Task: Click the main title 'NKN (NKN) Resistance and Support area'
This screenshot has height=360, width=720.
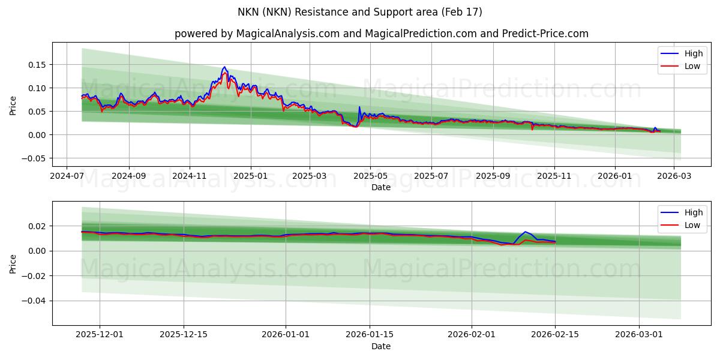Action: point(360,12)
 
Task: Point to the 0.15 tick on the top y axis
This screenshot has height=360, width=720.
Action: point(37,65)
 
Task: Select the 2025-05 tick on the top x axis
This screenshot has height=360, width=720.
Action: point(370,176)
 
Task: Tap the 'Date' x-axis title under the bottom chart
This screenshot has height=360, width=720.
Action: point(381,346)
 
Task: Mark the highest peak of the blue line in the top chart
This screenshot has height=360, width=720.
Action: point(224,67)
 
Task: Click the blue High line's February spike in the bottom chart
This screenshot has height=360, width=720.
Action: point(525,232)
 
